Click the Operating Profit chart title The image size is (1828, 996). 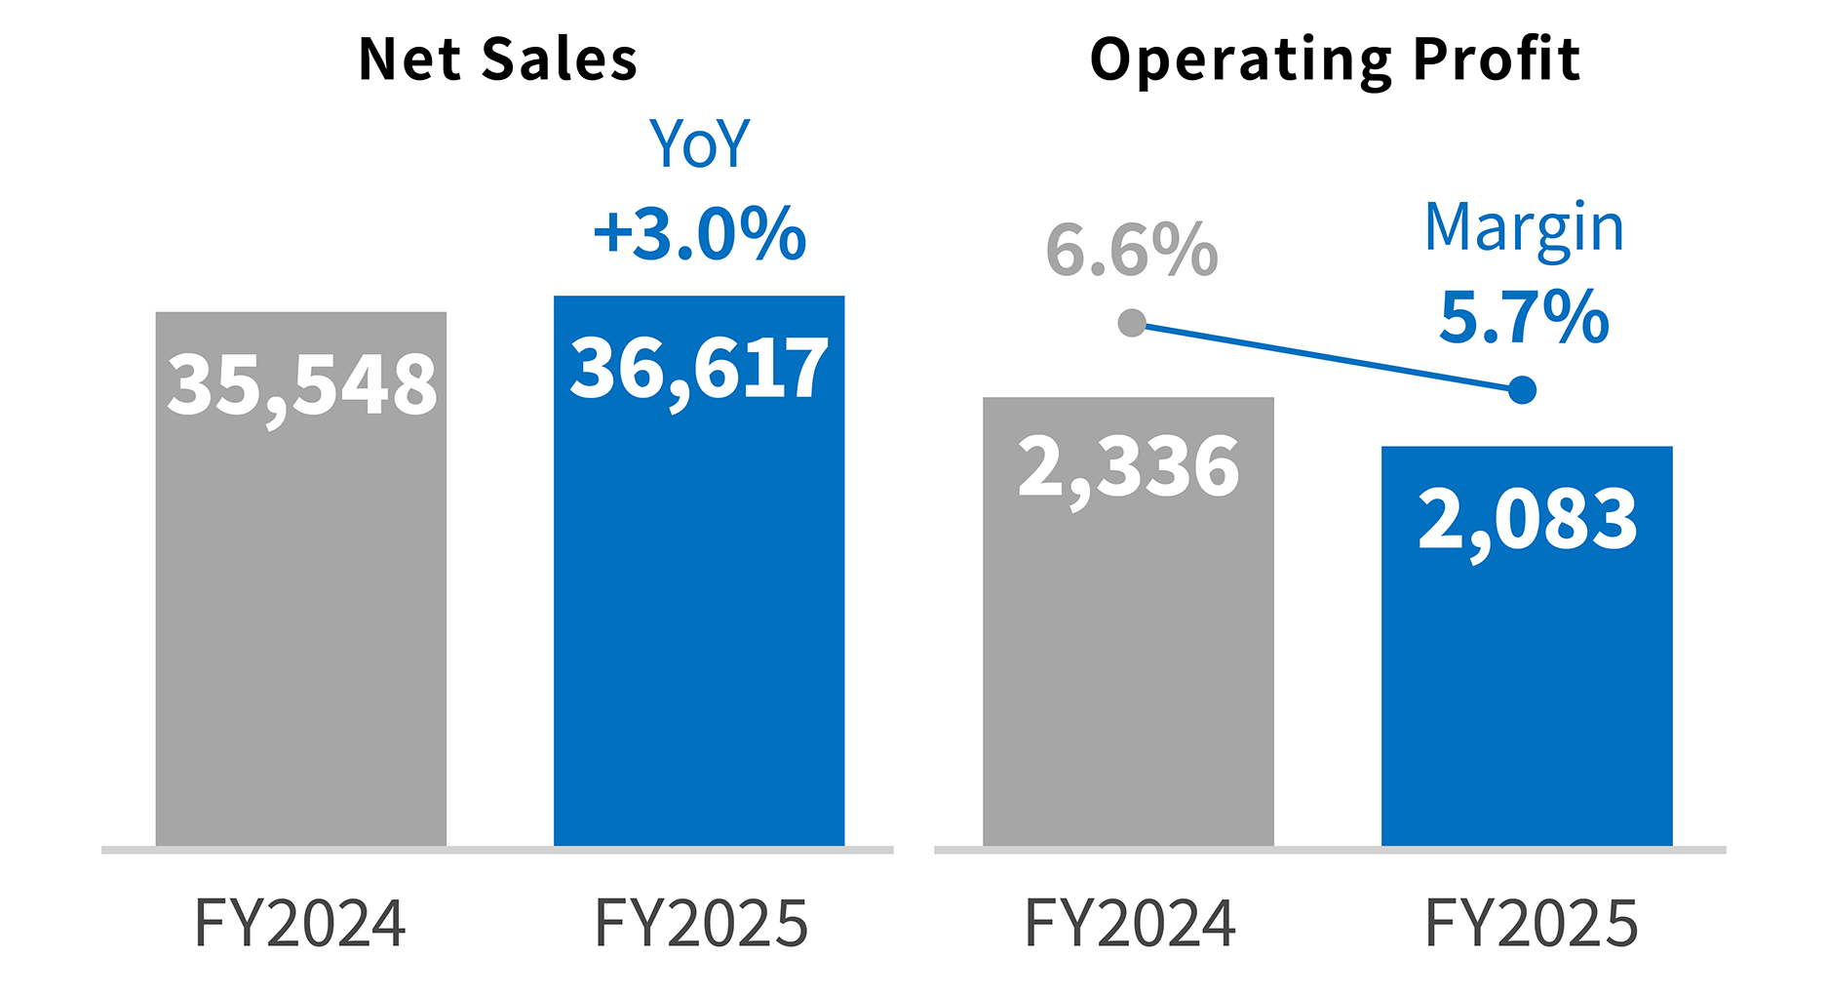click(x=1334, y=60)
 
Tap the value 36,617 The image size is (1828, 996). click(x=699, y=370)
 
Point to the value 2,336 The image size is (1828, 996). click(x=1128, y=467)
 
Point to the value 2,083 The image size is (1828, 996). click(x=1527, y=519)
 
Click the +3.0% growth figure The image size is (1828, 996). click(x=699, y=234)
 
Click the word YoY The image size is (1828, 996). click(x=699, y=144)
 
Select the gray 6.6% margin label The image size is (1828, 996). click(x=1131, y=251)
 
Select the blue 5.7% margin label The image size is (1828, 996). click(x=1524, y=317)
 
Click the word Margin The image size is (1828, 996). click(x=1524, y=228)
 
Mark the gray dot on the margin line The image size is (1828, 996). click(x=1132, y=323)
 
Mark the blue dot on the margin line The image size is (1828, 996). click(x=1522, y=390)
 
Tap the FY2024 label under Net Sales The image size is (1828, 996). click(x=300, y=923)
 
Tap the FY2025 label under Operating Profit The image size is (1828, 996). click(x=1531, y=923)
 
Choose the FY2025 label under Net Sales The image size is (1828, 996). click(x=701, y=923)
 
